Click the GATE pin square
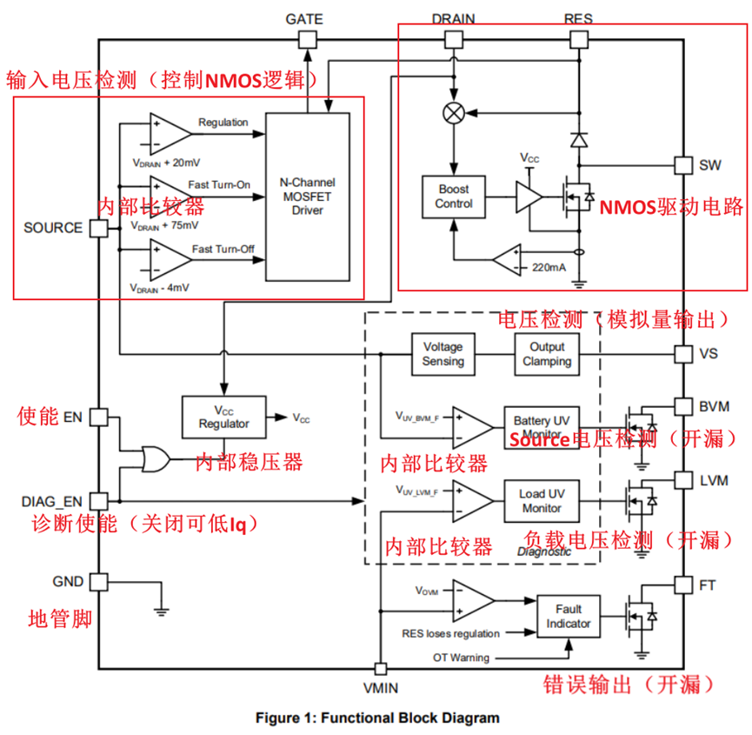pyautogui.click(x=308, y=40)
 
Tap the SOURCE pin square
pyautogui.click(x=99, y=228)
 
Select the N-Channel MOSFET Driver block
pyautogui.click(x=308, y=197)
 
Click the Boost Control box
pyautogui.click(x=454, y=197)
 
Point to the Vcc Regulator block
pyautogui.click(x=224, y=417)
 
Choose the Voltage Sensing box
pyautogui.click(x=443, y=354)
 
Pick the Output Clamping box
pyautogui.click(x=547, y=354)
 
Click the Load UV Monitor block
pyautogui.click(x=542, y=501)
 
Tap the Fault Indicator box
pyautogui.click(x=569, y=617)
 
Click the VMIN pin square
pyautogui.click(x=380, y=668)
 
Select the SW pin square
pyautogui.click(x=683, y=165)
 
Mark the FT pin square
pyautogui.click(x=683, y=585)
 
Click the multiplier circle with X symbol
pyautogui.click(x=454, y=113)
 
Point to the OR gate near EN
pyautogui.click(x=156, y=459)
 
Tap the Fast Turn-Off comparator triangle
pyautogui.click(x=170, y=260)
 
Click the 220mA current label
pyautogui.click(x=549, y=268)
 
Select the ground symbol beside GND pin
pyautogui.click(x=161, y=611)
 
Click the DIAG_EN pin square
pyautogui.click(x=99, y=501)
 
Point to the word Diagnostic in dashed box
pyautogui.click(x=544, y=551)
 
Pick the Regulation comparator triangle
pyautogui.click(x=170, y=134)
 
